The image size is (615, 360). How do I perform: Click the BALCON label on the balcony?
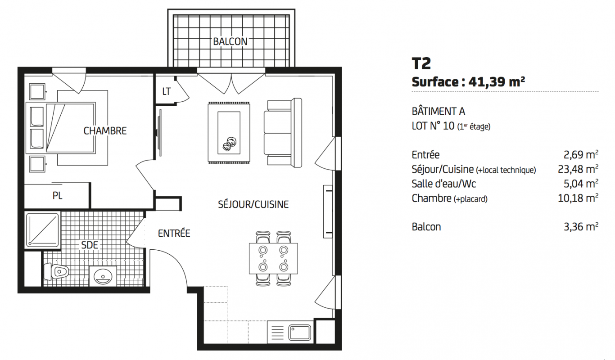pyautogui.click(x=230, y=42)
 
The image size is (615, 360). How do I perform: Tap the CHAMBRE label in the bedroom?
pyautogui.click(x=105, y=131)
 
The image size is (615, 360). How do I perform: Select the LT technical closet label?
pyautogui.click(x=167, y=91)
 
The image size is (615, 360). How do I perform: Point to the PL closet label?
pyautogui.click(x=57, y=196)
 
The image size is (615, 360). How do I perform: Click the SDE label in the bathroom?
pyautogui.click(x=90, y=245)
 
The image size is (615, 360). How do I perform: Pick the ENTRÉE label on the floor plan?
pyautogui.click(x=174, y=233)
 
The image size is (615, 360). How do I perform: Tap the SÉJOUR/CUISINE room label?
pyautogui.click(x=253, y=204)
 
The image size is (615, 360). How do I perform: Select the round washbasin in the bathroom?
pyautogui.click(x=103, y=276)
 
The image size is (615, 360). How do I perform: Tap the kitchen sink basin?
pyautogui.click(x=299, y=333)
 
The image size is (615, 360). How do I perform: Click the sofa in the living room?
pyautogui.click(x=283, y=133)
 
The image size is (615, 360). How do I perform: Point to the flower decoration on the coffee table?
pyautogui.click(x=229, y=144)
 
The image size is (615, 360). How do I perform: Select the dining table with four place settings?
pyautogui.click(x=273, y=258)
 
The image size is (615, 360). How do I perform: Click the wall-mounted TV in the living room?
pyautogui.click(x=159, y=133)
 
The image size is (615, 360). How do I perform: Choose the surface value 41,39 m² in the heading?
pyautogui.click(x=497, y=82)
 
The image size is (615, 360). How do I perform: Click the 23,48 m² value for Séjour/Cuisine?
pyautogui.click(x=578, y=169)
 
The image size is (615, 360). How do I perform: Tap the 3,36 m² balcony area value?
pyautogui.click(x=581, y=227)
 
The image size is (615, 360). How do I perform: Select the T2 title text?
pyautogui.click(x=421, y=63)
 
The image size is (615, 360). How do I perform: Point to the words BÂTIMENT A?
pyautogui.click(x=439, y=111)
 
